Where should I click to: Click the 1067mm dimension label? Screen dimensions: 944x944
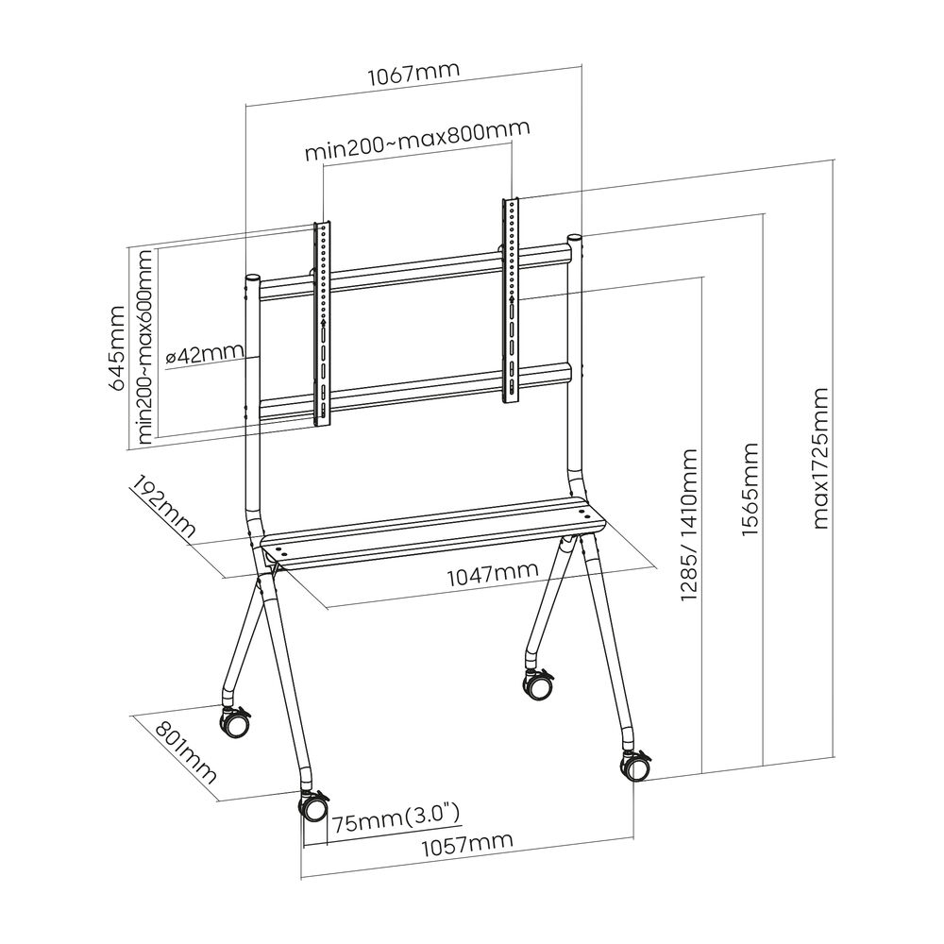[x=414, y=72]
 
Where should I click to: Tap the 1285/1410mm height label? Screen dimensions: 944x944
[x=689, y=526]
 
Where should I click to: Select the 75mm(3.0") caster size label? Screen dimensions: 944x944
[x=396, y=815]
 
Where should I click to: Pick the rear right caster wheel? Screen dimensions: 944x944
[x=538, y=684]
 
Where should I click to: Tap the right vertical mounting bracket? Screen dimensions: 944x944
[x=510, y=300]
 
